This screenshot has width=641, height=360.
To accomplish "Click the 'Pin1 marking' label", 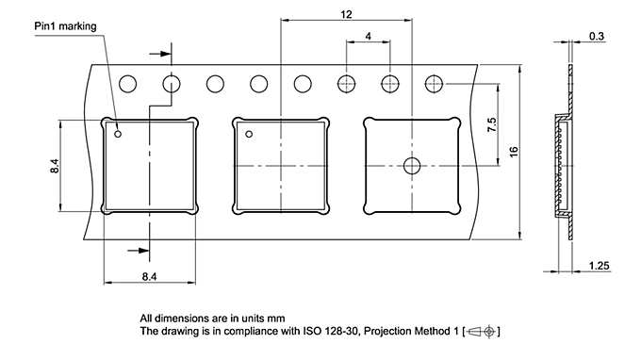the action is coord(65,26).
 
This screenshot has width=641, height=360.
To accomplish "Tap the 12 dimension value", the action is coord(346,15).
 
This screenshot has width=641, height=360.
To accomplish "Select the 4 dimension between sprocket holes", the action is coord(369,36).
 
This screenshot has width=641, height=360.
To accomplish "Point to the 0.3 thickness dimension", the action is coord(597,36).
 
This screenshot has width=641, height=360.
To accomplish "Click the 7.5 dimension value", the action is coord(492,124).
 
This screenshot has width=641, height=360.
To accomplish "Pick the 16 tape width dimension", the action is coord(514,152).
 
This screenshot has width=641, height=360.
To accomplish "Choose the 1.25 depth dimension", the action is coord(599,266).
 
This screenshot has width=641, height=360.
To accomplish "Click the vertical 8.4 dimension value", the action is coord(55,166).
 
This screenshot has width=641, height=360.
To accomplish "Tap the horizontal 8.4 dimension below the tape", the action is coord(149,277).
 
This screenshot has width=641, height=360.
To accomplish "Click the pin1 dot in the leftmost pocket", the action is coord(118,134).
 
